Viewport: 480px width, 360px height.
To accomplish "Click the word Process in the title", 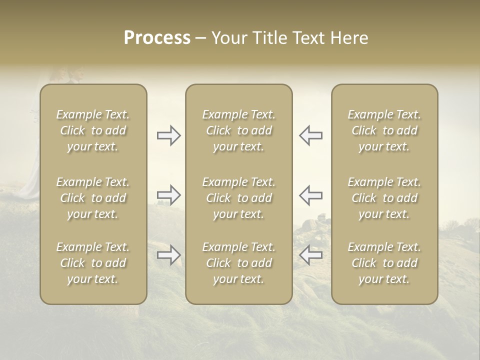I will [x=157, y=38].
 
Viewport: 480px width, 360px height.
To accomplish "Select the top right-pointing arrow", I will [x=168, y=135].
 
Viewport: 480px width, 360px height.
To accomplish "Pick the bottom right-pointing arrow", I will [x=168, y=255].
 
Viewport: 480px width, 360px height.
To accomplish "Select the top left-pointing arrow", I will [x=310, y=135].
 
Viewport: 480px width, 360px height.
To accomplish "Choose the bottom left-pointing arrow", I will [x=310, y=255].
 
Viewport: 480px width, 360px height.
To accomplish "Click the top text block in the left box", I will [x=93, y=130].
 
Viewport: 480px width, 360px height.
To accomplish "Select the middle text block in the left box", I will [x=93, y=198].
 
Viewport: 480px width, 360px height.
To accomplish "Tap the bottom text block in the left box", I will [x=93, y=263].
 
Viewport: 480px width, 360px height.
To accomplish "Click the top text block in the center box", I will [x=239, y=130].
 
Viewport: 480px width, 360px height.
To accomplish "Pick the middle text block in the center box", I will [x=239, y=198].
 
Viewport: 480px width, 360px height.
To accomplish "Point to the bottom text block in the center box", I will [x=239, y=263].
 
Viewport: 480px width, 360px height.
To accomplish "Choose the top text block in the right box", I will [x=384, y=130].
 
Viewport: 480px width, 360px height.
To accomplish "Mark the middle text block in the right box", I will [x=384, y=198].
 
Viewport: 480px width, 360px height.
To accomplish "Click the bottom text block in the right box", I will [x=384, y=263].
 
